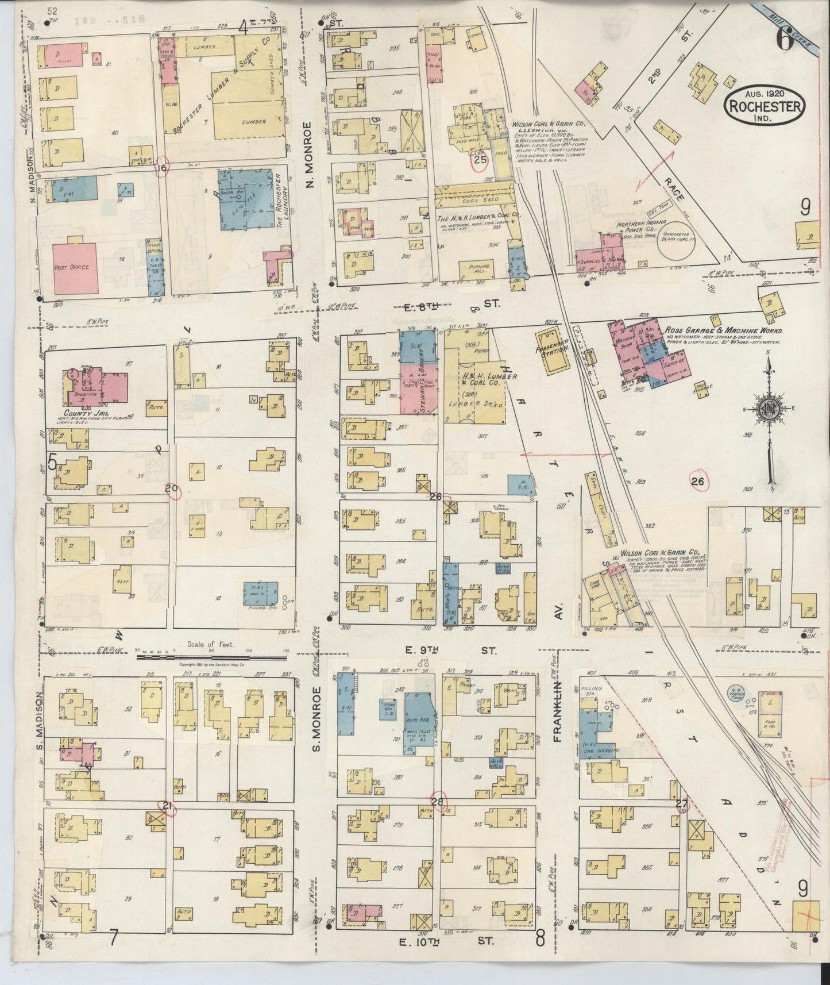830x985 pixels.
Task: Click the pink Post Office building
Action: tap(75, 268)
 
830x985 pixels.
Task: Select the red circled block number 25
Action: tap(480, 160)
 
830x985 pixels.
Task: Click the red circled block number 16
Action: tap(162, 168)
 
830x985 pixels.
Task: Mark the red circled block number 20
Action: tap(171, 489)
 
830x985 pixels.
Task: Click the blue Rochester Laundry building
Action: tap(246, 199)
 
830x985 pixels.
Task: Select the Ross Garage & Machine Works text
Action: tap(724, 331)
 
